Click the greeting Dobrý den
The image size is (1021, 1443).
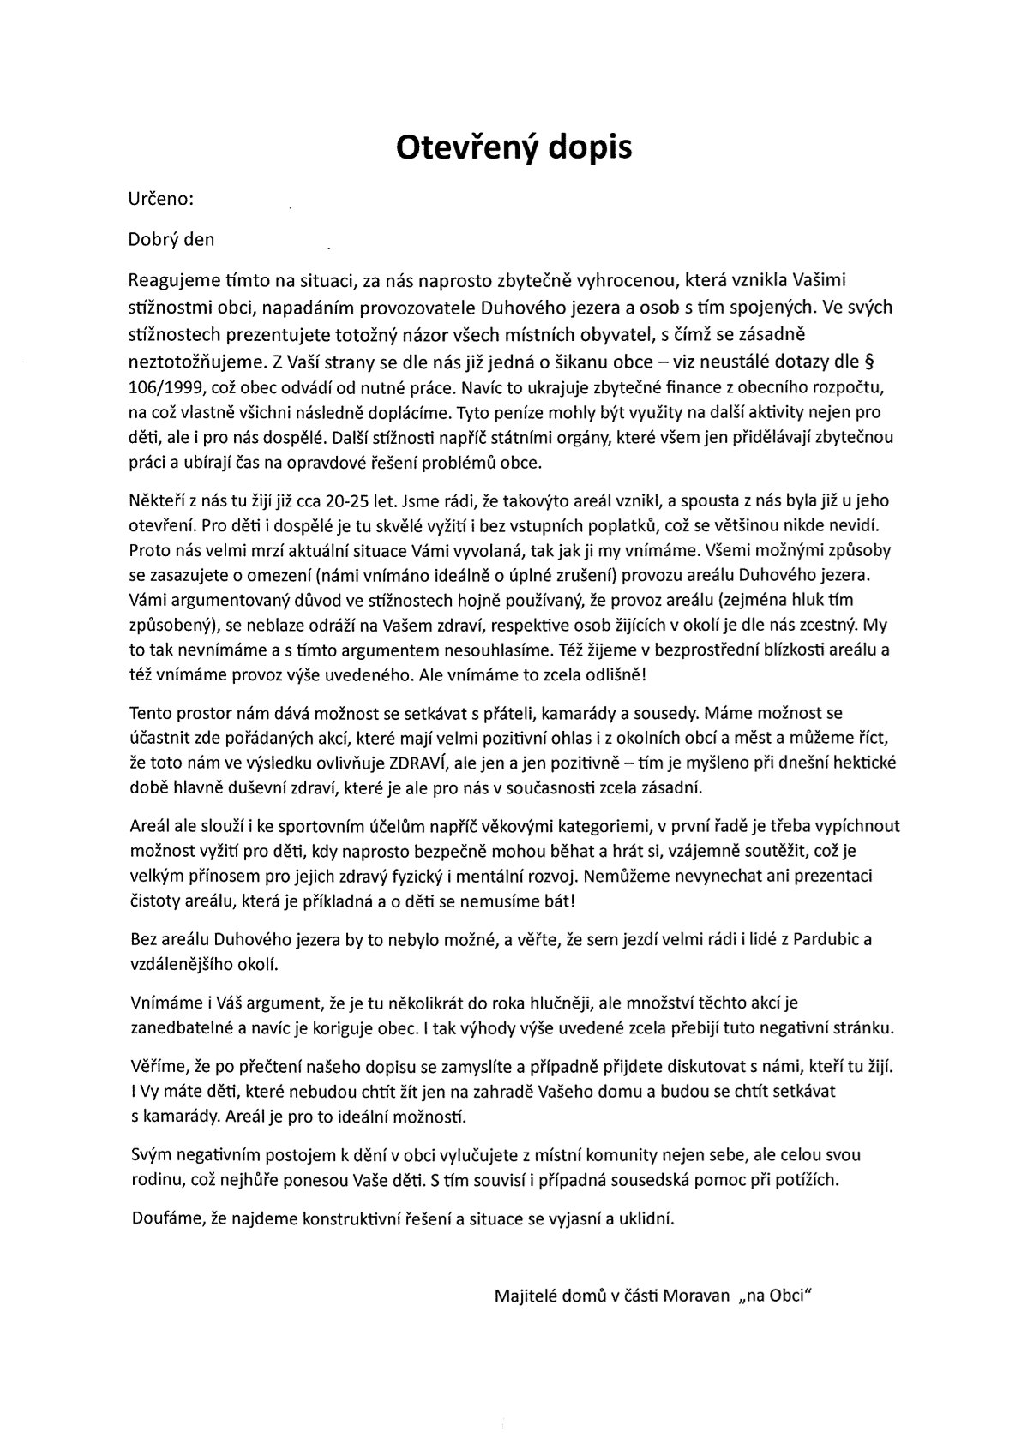171,239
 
